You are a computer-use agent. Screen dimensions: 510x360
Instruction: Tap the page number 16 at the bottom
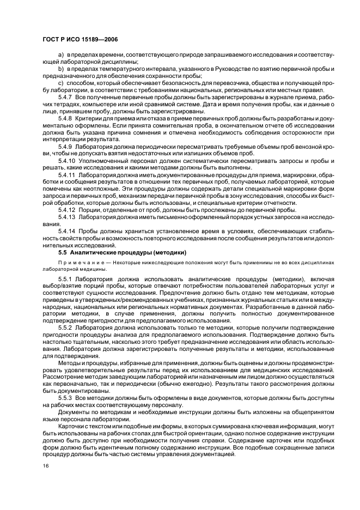tap(46, 465)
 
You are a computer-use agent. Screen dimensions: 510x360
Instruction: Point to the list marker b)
tap(61, 69)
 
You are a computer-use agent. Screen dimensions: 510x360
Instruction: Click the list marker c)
tap(61, 82)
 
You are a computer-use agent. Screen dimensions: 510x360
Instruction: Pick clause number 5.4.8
tap(66, 118)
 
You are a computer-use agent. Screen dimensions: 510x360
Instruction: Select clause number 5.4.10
tap(68, 161)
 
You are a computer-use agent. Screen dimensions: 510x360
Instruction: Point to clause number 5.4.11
tap(68, 175)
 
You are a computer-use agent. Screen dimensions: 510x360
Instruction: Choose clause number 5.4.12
tap(68, 210)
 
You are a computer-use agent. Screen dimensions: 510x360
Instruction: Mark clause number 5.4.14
tap(68, 231)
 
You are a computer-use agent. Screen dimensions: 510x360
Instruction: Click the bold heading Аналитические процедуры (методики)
tap(129, 252)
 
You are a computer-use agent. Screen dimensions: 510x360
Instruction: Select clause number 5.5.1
tap(66, 279)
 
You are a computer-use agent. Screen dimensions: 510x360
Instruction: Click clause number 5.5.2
tap(66, 327)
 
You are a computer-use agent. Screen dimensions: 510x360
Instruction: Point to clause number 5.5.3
tap(66, 398)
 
